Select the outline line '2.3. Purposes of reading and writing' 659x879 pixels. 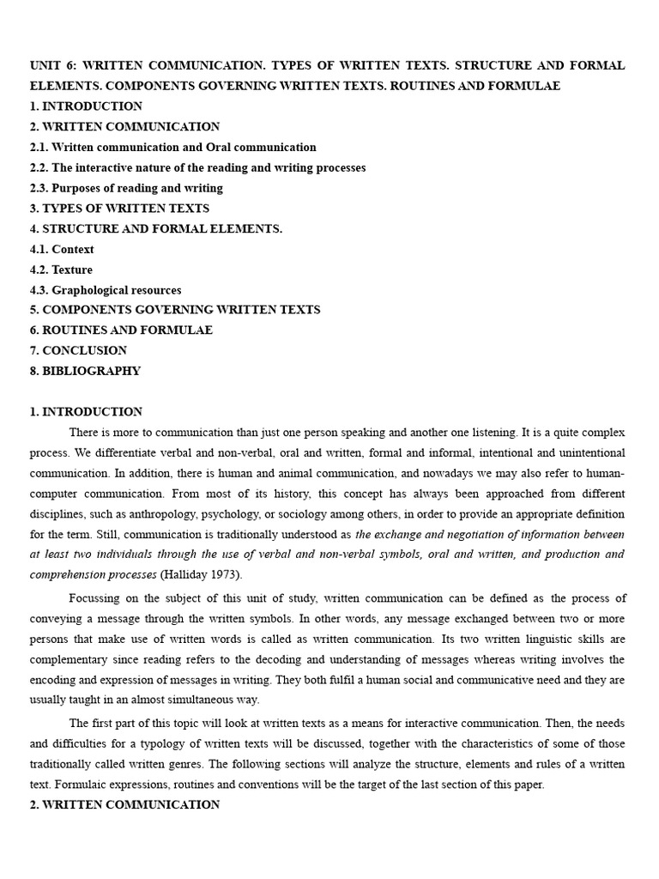pos(126,188)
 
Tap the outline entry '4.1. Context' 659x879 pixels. pos(62,249)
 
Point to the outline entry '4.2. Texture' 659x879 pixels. pos(61,270)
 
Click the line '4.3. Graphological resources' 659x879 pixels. pos(106,290)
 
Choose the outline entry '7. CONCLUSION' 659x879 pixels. pos(78,350)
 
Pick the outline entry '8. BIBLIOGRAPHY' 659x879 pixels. pos(85,371)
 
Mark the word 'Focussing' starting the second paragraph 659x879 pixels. pos(96,598)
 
